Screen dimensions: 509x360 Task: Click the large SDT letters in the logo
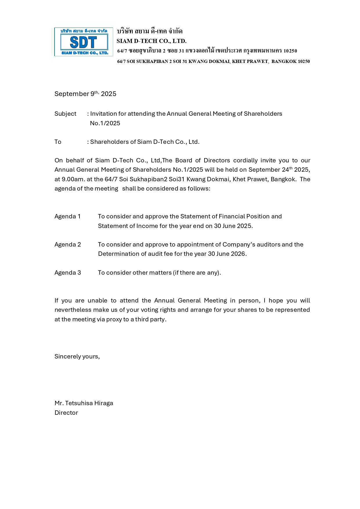(84, 42)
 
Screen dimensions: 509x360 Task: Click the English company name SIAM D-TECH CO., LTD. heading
(151, 41)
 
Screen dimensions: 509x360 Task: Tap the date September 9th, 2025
(85, 94)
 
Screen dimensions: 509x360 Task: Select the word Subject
(65, 114)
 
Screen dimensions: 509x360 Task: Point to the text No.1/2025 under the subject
(105, 123)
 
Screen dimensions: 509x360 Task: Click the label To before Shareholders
(58, 142)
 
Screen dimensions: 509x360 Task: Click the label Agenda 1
(68, 216)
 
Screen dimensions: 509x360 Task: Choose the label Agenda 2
(68, 244)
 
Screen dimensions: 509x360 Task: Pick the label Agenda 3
(68, 273)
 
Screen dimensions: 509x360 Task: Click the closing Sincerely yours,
(77, 356)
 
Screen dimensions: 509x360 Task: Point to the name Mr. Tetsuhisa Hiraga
(84, 403)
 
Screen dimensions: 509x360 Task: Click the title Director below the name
(66, 413)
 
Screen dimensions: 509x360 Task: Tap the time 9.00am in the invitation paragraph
(73, 179)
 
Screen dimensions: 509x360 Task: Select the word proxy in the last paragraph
(114, 319)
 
